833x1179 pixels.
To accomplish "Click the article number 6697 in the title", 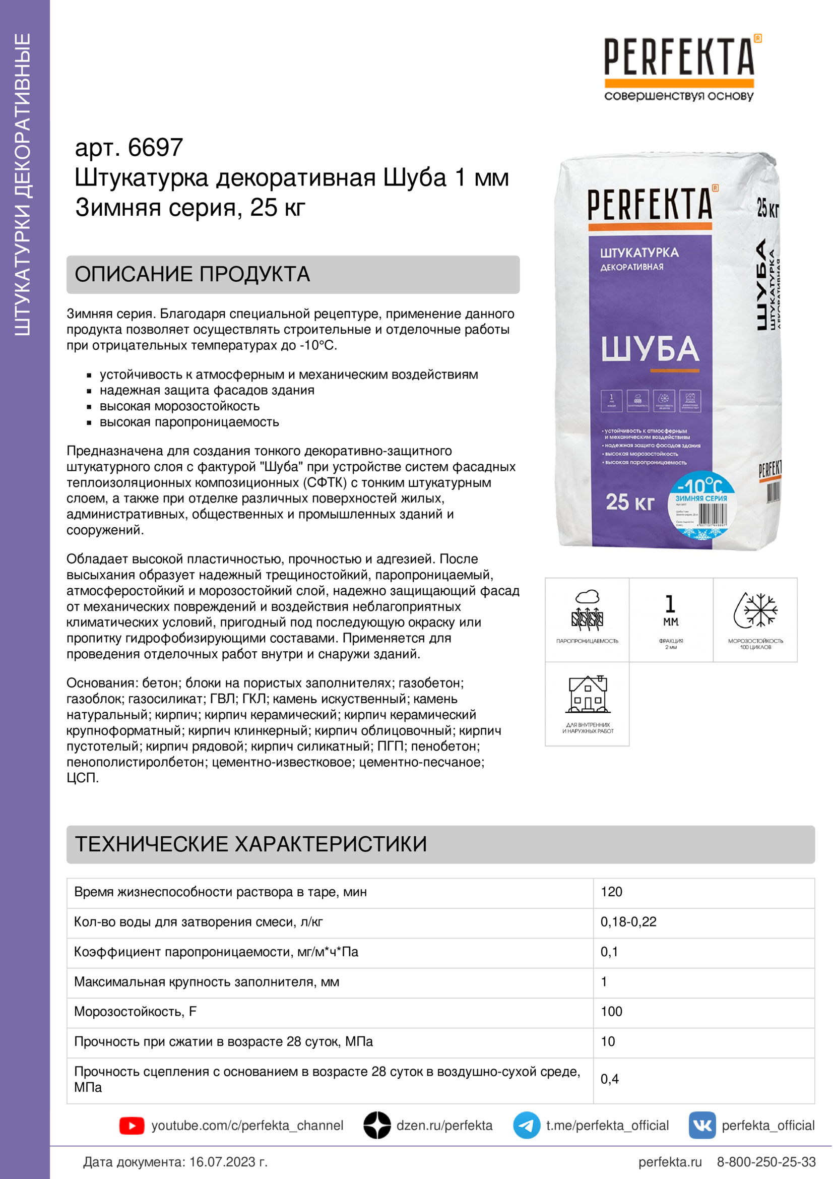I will pyautogui.click(x=155, y=148).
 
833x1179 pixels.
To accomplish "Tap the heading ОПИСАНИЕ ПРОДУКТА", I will pyautogui.click(x=193, y=274).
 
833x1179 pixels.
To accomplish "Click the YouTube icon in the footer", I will pyautogui.click(x=132, y=1126).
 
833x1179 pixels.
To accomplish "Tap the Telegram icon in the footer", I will pyautogui.click(x=526, y=1126).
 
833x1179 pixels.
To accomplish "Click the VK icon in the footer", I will pyautogui.click(x=701, y=1126).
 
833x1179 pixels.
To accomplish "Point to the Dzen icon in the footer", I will pyautogui.click(x=377, y=1126).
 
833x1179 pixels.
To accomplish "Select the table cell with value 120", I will pyautogui.click(x=612, y=892).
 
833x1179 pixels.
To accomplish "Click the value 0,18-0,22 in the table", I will pyautogui.click(x=628, y=922).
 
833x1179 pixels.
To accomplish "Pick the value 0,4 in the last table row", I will pyautogui.click(x=610, y=1079).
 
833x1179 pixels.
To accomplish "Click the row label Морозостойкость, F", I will pyautogui.click(x=136, y=1012).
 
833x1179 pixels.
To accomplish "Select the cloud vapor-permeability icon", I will pyautogui.click(x=587, y=611).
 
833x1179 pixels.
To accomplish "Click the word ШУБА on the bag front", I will pyautogui.click(x=650, y=349).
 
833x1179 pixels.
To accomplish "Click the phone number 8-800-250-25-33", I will pyautogui.click(x=766, y=1162).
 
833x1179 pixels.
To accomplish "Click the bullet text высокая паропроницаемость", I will pyautogui.click(x=189, y=422).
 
